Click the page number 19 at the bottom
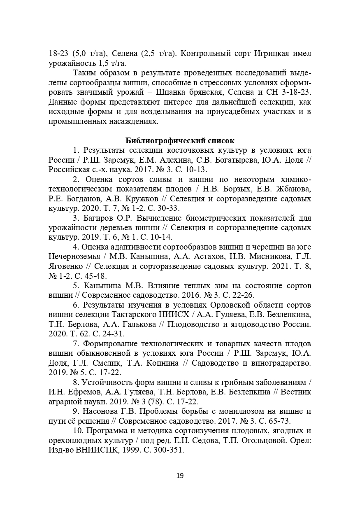pos(180,476)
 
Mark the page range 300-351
pos(169,450)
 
